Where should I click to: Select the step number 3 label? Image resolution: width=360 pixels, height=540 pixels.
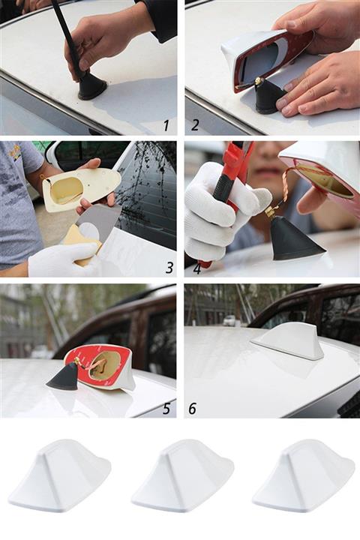tap(169, 267)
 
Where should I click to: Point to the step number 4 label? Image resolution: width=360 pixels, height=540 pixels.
tap(196, 266)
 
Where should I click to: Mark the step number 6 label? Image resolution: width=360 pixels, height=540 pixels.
tap(193, 408)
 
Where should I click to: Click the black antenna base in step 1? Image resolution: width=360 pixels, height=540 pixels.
tap(91, 86)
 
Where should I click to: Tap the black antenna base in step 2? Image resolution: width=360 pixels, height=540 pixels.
tap(268, 96)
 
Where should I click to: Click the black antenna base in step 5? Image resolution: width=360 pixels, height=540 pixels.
tap(64, 377)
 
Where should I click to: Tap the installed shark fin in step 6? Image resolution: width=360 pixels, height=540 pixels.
tap(289, 341)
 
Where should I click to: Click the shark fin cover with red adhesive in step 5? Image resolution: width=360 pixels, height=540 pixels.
tap(101, 367)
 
